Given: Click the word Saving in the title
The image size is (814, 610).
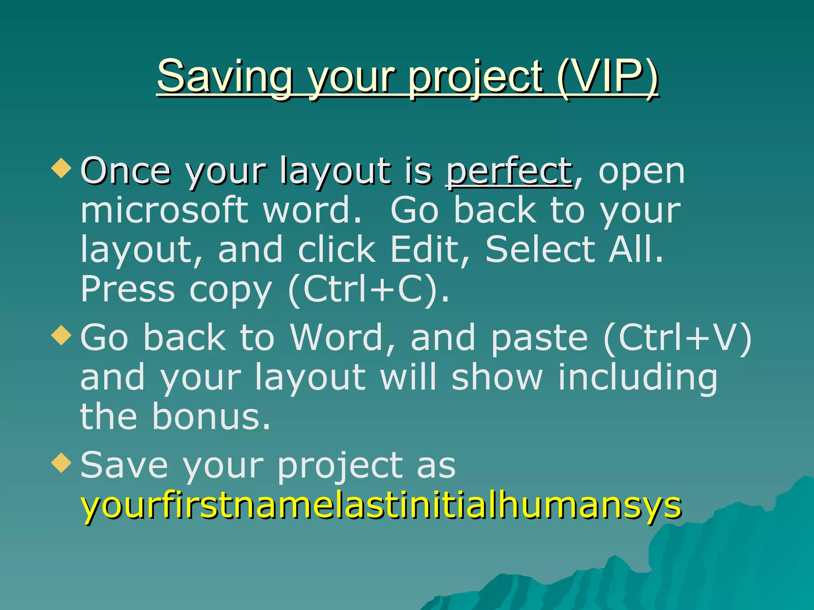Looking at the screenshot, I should [225, 76].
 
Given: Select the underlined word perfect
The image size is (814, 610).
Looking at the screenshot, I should [509, 172].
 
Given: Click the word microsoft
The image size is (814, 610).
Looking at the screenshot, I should [165, 210].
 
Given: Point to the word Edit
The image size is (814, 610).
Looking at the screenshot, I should [425, 249].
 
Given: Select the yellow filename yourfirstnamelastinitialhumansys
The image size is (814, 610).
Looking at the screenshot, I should [381, 505].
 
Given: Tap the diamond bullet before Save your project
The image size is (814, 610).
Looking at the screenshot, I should [62, 462].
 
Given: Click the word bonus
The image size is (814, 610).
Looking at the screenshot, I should [211, 416].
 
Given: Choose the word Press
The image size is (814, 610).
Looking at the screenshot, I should [128, 289].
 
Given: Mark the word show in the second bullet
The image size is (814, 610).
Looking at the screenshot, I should [497, 377].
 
